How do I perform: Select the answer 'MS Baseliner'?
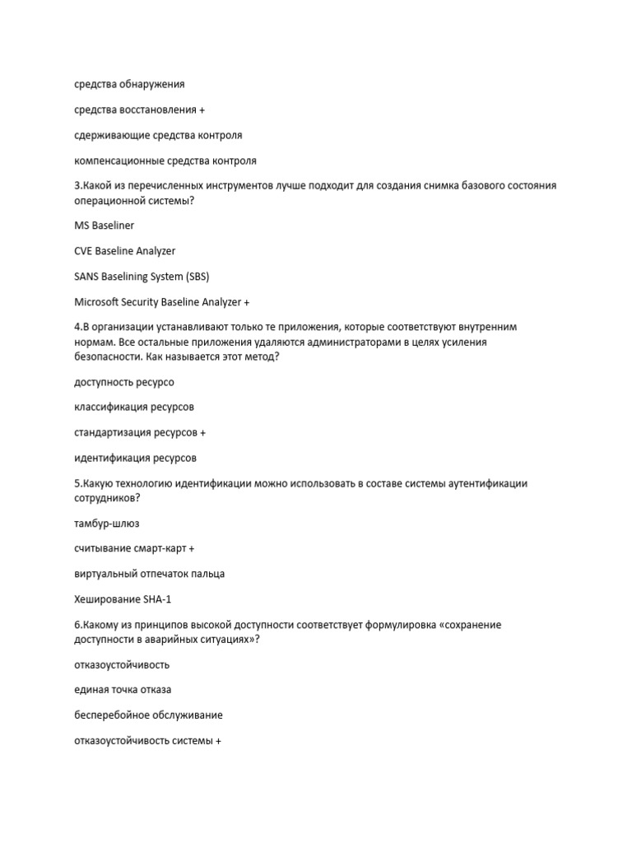pos(104,225)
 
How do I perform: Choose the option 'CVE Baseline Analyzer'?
pos(125,250)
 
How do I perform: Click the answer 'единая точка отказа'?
pos(123,689)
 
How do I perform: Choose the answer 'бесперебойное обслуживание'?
pos(148,715)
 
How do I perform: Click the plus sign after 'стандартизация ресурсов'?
pos(203,432)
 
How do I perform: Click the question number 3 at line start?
pos(77,186)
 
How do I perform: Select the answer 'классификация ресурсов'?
pos(134,407)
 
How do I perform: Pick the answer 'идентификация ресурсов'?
pos(136,458)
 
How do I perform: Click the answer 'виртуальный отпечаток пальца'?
pos(149,574)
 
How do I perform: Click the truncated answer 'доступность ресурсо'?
pos(124,381)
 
